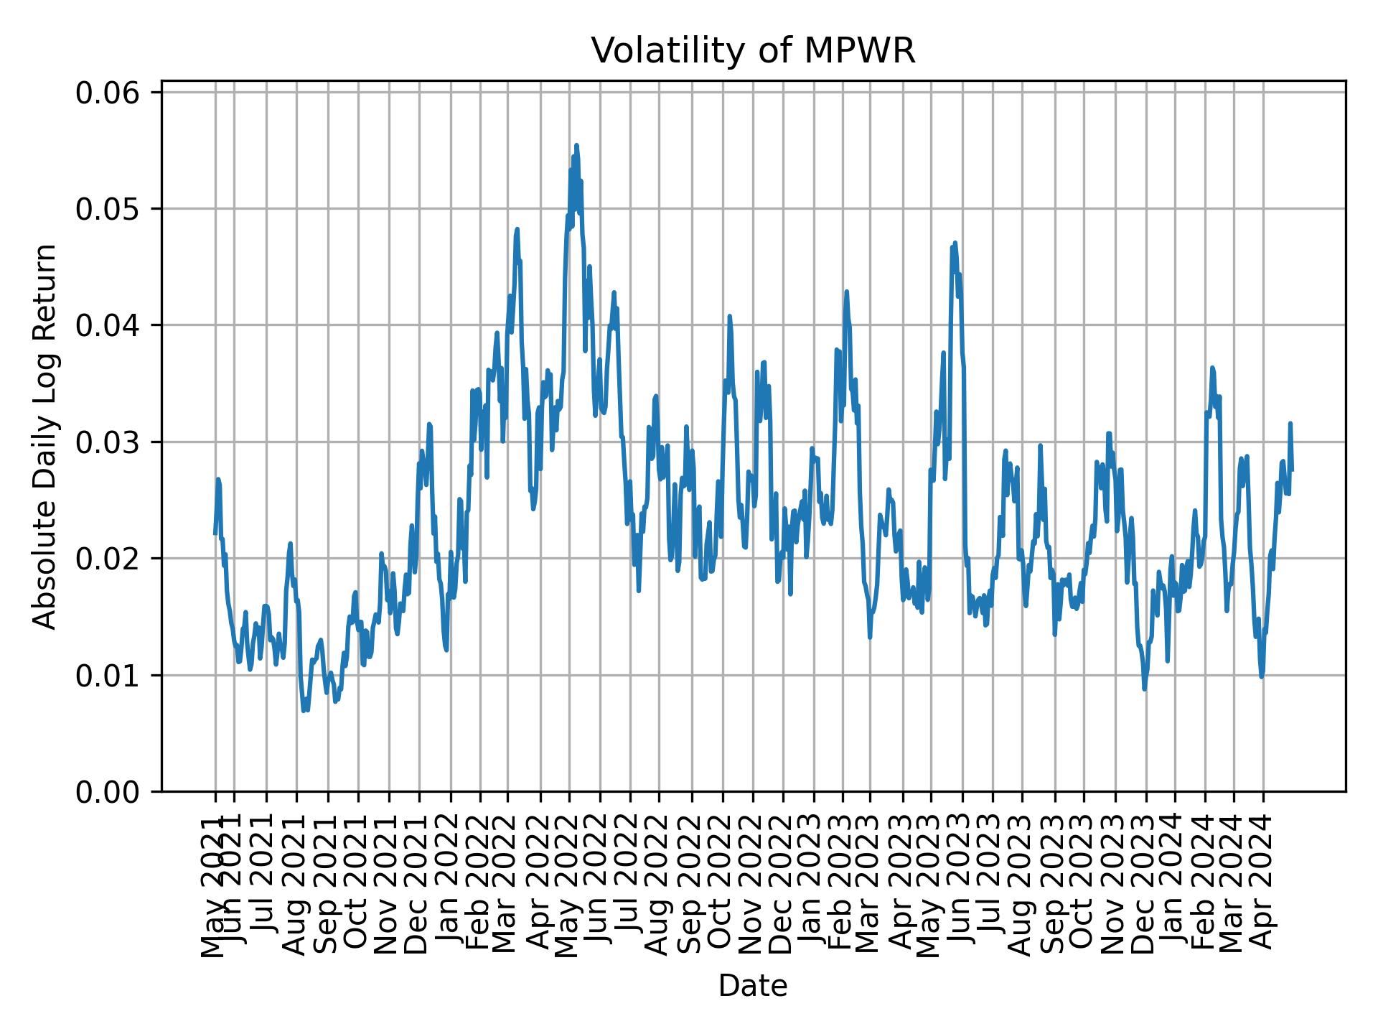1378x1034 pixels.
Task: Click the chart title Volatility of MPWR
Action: coord(753,51)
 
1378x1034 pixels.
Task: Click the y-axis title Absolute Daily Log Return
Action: coord(46,436)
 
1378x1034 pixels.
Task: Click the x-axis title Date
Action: coord(753,987)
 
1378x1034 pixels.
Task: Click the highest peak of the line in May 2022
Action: coord(576,145)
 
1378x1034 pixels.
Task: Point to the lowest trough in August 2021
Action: coord(304,710)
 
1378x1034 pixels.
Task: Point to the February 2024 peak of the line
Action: coord(1212,368)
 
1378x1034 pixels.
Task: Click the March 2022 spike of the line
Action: coord(517,229)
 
